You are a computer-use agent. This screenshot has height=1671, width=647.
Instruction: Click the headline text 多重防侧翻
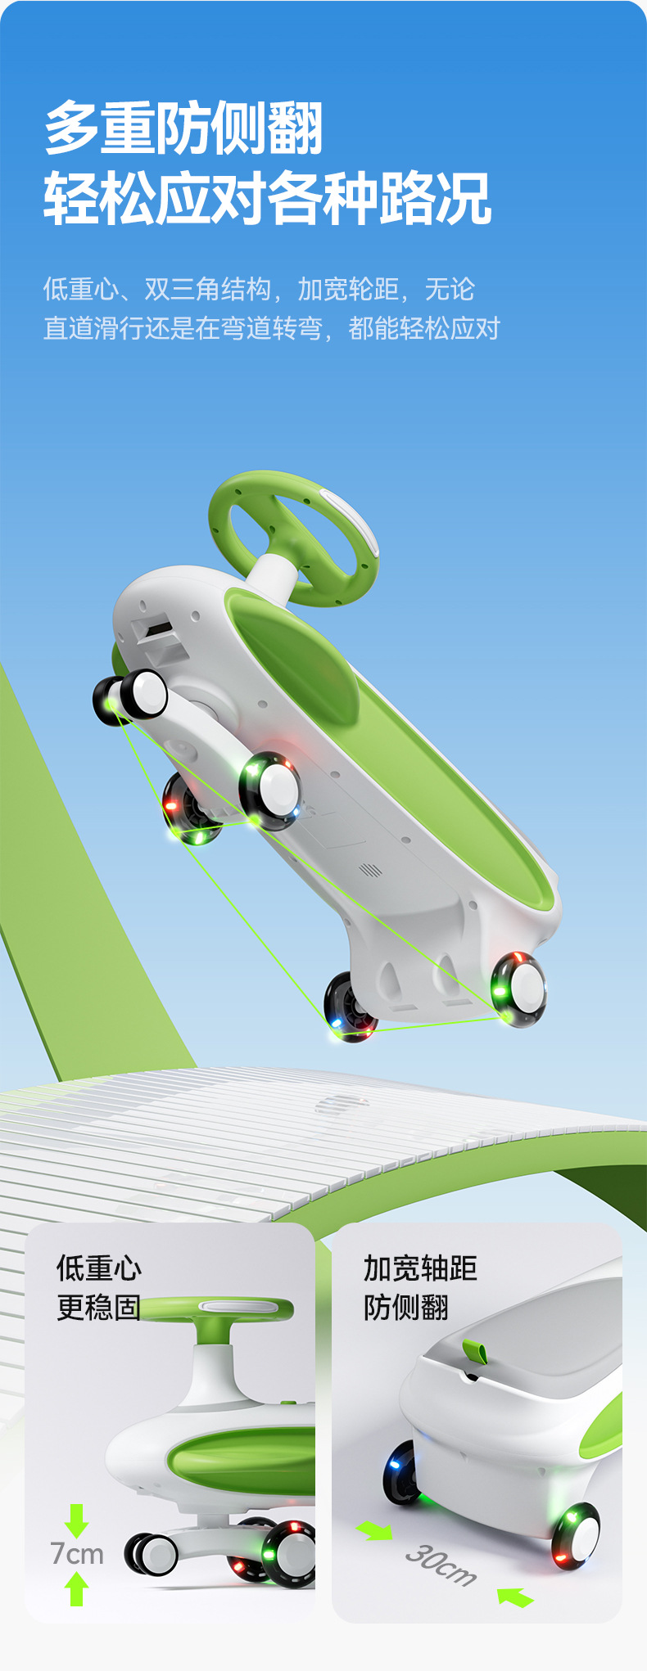tap(184, 128)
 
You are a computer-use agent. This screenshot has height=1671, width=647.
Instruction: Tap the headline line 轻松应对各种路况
tap(268, 198)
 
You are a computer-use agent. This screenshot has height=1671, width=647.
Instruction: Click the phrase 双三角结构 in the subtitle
tap(207, 289)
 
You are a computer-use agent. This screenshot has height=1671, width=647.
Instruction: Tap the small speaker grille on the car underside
tap(371, 869)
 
